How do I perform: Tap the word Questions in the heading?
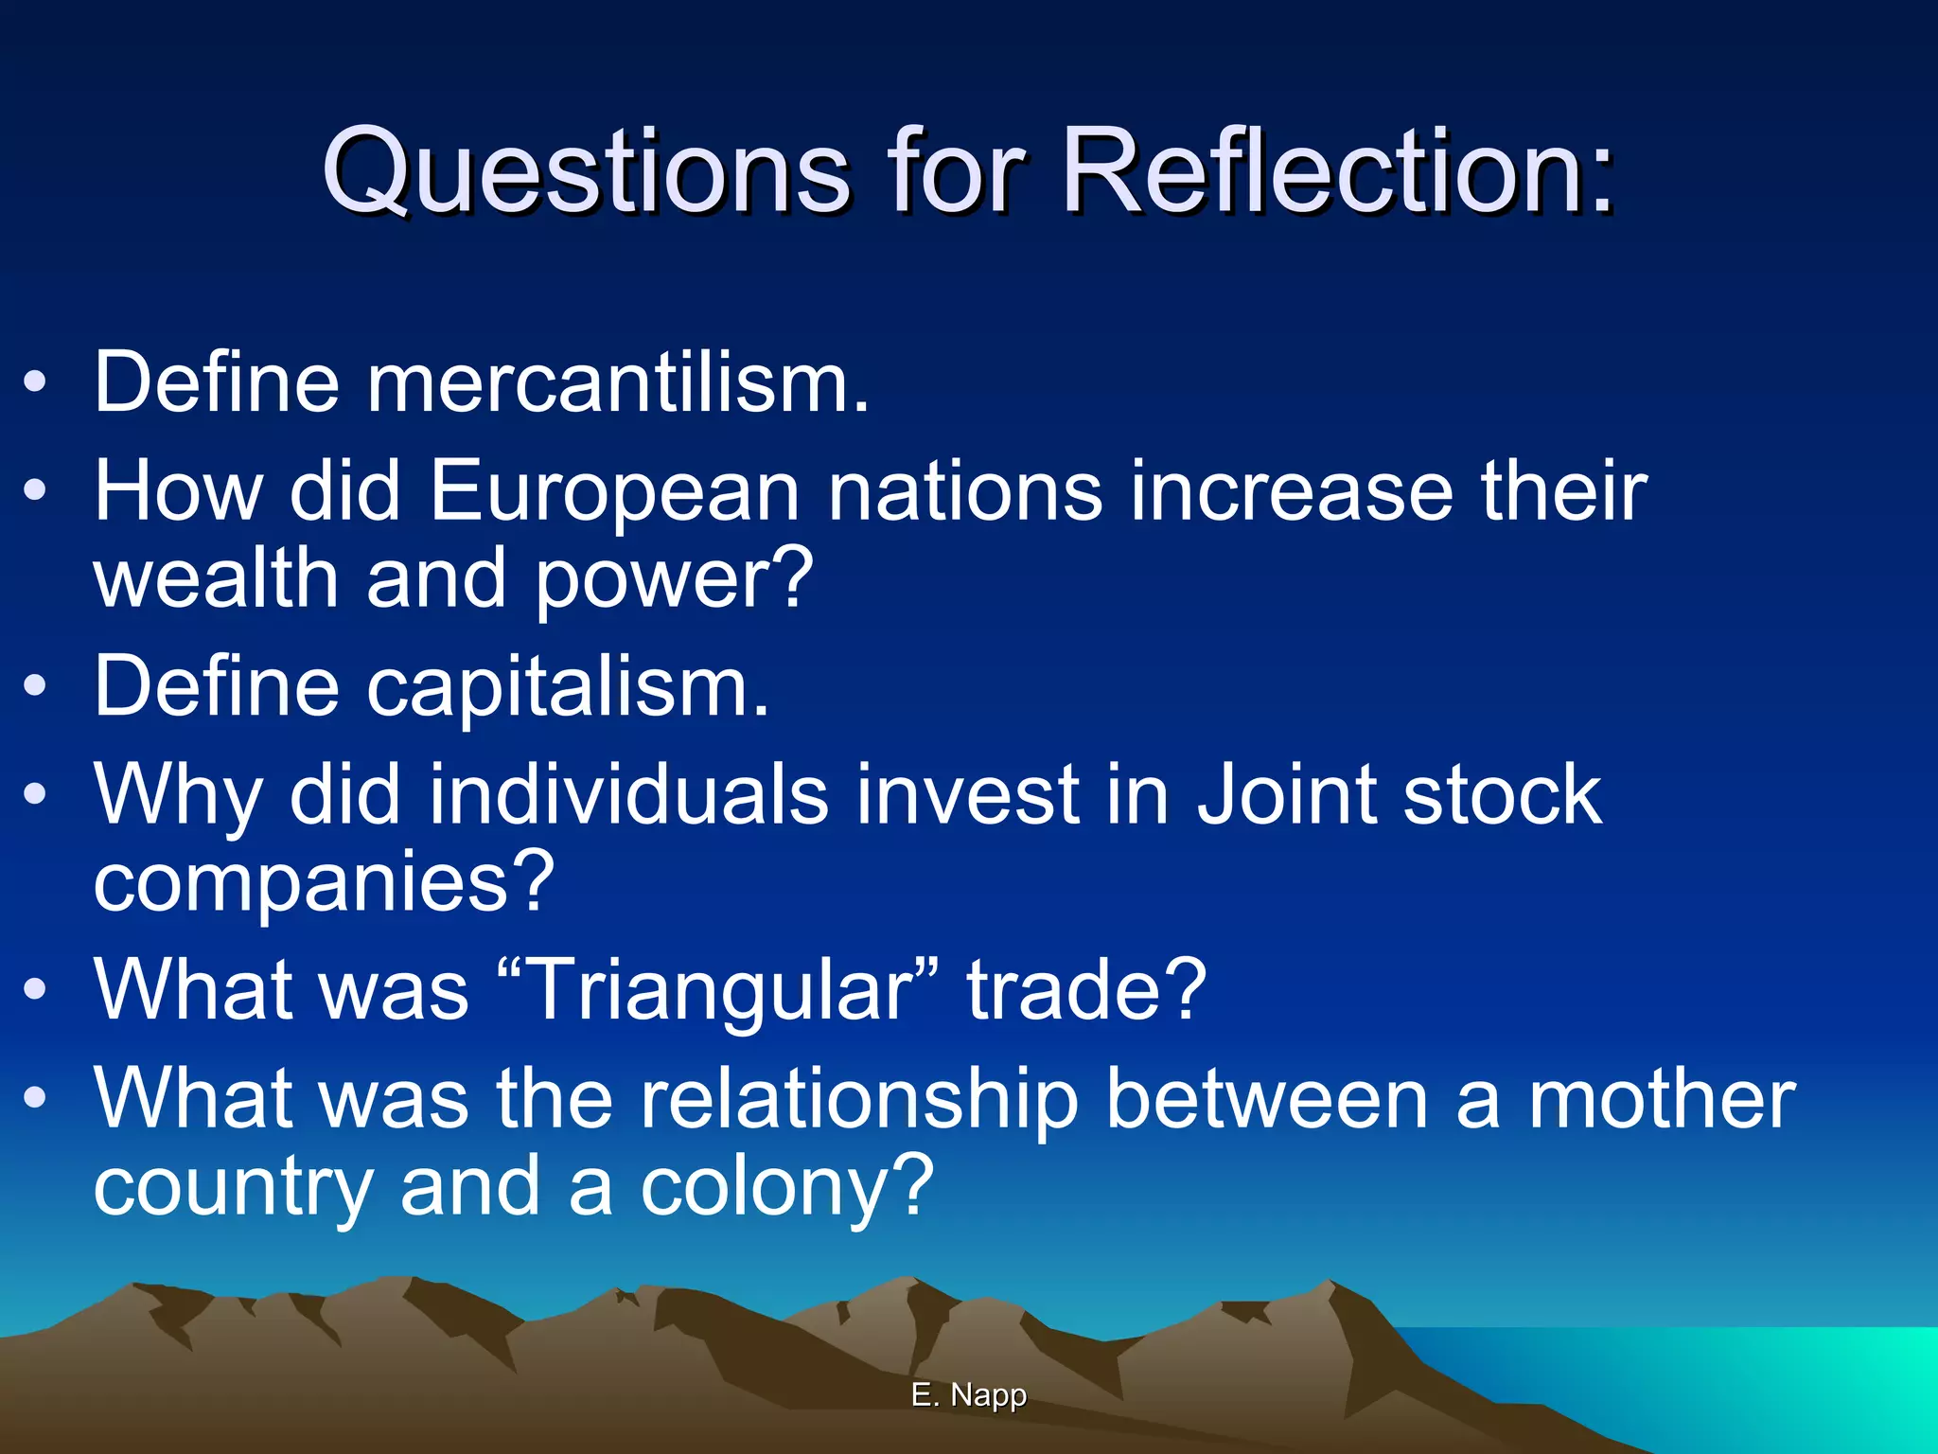[x=586, y=172]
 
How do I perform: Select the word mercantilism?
[x=617, y=383]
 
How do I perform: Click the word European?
[x=614, y=492]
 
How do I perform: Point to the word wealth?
[x=216, y=578]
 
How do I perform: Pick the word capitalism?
[x=568, y=688]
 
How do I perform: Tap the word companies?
[x=323, y=883]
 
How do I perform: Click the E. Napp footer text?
[x=969, y=1394]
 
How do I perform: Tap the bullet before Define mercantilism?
[x=35, y=383]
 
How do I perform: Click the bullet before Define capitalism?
[x=35, y=688]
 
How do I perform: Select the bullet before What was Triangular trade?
[x=35, y=990]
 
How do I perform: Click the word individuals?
[x=628, y=795]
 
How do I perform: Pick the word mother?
[x=1662, y=1099]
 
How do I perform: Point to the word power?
[x=674, y=580]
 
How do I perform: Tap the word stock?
[x=1503, y=795]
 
